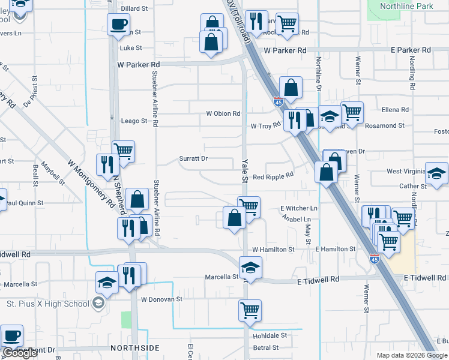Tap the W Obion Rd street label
click(x=223, y=113)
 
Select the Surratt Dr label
click(x=193, y=159)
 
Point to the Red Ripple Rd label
click(x=273, y=176)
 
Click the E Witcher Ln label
click(x=298, y=208)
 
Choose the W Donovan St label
click(x=161, y=299)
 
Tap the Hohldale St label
click(x=270, y=335)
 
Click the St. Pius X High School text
click(x=47, y=304)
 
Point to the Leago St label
click(x=134, y=121)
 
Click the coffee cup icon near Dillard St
click(x=118, y=24)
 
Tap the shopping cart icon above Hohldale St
click(x=250, y=310)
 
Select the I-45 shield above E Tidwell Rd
click(x=375, y=259)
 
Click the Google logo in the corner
click(x=20, y=353)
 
